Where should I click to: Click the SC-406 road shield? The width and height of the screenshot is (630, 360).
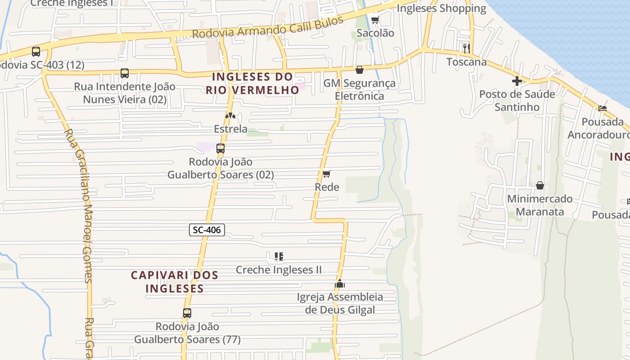point(207,230)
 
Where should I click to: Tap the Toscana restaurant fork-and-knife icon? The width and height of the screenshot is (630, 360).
point(467,48)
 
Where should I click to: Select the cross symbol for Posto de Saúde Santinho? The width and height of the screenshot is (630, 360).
point(517,81)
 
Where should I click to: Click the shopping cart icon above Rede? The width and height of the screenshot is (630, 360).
point(327,174)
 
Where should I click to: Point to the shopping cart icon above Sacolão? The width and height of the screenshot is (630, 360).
point(375,20)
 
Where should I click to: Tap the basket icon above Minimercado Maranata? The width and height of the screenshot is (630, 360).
point(540,185)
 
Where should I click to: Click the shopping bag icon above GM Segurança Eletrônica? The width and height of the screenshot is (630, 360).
point(359,70)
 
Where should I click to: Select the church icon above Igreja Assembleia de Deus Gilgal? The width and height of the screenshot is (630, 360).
point(340,283)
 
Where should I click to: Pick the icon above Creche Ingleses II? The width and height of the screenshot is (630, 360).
point(279,256)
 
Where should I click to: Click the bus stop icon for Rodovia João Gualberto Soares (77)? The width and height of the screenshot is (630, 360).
point(187,313)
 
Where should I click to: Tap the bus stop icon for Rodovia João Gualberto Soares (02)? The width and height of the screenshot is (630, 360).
point(220,148)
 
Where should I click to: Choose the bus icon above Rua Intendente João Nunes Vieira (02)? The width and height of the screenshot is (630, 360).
point(125,73)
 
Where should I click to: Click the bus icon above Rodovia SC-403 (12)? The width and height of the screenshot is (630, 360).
point(36,52)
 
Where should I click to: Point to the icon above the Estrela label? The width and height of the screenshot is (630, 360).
point(230,116)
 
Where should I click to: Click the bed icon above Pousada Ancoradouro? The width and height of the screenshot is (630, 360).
point(603,108)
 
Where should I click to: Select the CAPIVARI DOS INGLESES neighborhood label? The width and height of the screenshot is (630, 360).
point(175,282)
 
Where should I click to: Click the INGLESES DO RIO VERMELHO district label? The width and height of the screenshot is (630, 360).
point(253,83)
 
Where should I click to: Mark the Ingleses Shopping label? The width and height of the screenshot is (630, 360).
point(441,8)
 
